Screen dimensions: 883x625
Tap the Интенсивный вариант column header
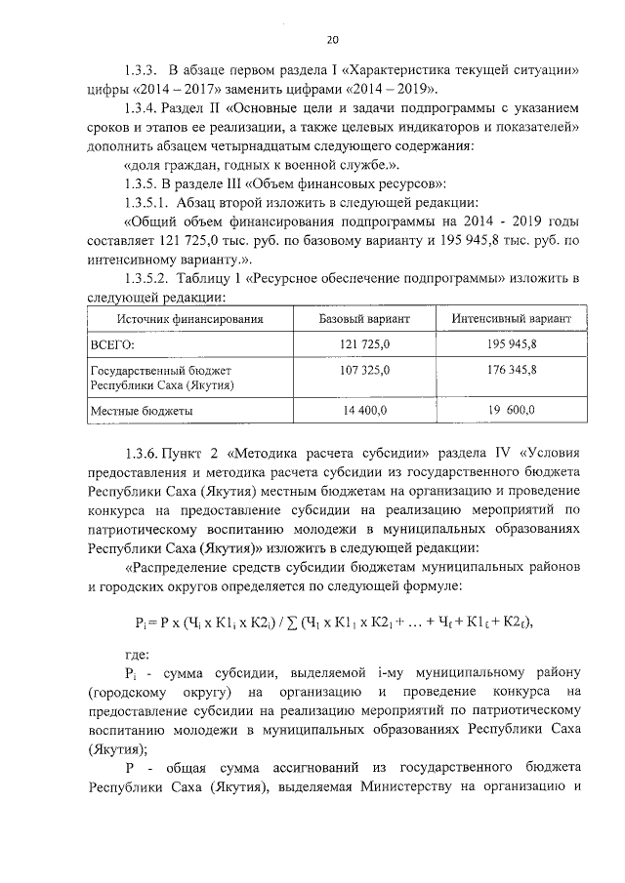tap(513, 319)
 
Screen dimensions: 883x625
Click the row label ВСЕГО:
tap(112, 345)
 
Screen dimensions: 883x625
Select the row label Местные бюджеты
tap(141, 412)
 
